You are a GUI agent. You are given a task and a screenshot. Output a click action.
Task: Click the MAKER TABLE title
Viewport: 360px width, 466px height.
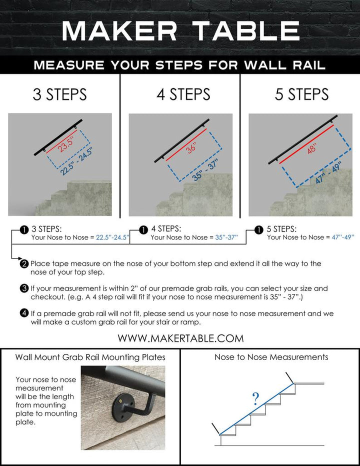[180, 31]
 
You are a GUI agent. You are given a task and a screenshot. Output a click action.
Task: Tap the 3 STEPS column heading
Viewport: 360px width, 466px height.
[59, 94]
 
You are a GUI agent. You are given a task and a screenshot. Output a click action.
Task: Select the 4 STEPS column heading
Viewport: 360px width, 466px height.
[183, 94]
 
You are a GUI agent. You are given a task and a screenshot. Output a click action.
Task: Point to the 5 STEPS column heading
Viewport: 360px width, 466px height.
[302, 94]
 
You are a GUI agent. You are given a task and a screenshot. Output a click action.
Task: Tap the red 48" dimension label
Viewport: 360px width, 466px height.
[312, 148]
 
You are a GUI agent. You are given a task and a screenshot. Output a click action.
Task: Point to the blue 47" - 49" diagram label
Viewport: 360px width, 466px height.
[328, 173]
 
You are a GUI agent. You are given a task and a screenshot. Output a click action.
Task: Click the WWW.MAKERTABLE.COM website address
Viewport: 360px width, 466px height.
[180, 338]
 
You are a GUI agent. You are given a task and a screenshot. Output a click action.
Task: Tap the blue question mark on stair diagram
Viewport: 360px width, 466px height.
[256, 398]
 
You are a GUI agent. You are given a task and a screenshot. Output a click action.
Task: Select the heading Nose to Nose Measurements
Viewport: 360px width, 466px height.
[271, 357]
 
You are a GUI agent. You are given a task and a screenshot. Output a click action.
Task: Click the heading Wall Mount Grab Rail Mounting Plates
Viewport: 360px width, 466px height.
[90, 357]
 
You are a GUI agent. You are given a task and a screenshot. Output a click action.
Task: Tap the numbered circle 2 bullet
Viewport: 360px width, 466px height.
[24, 263]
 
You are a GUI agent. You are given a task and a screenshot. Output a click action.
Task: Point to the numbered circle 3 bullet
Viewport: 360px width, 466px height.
[24, 288]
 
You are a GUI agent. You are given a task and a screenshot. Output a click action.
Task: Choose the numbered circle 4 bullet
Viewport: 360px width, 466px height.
[24, 313]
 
